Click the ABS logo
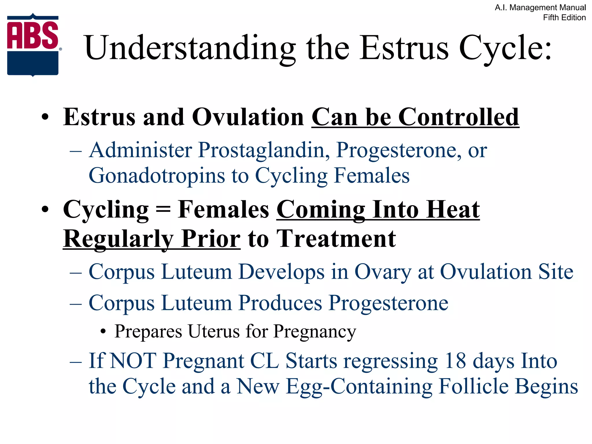pos(33,45)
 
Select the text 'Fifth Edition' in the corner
pos(564,18)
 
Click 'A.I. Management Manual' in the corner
pos(540,8)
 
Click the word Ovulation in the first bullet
pos(248,117)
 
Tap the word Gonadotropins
pos(156,175)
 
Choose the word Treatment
pos(336,239)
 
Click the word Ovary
pos(382,272)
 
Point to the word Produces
pos(280,303)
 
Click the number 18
pos(455,361)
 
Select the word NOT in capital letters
pos(133,361)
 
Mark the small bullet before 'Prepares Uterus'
pos(103,332)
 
